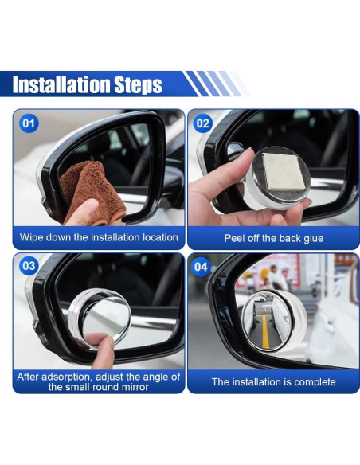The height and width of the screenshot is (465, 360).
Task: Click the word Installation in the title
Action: tap(61, 84)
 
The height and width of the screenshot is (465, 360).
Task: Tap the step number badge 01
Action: tap(29, 123)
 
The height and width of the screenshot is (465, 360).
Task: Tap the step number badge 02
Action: tap(203, 123)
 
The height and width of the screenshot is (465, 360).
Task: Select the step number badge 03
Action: tap(29, 266)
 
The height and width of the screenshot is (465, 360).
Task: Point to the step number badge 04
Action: tap(201, 267)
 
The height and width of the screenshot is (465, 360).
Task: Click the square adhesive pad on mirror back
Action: tap(284, 172)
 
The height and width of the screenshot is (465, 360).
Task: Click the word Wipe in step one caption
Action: tap(30, 237)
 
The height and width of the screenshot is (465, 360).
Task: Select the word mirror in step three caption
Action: tap(135, 387)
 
